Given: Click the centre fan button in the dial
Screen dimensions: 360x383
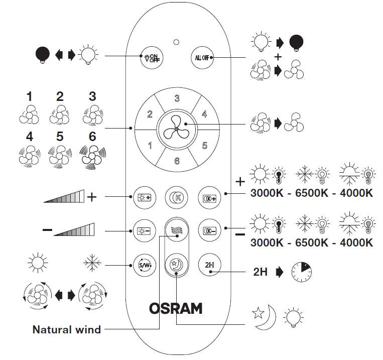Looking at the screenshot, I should tap(176, 129).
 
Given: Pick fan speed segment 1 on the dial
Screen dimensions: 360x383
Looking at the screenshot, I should tap(149, 146).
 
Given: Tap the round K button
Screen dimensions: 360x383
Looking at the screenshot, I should tap(176, 196).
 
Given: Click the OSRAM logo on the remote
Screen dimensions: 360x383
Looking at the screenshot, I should tap(176, 307).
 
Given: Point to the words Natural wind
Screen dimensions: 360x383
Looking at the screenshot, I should tap(67, 330).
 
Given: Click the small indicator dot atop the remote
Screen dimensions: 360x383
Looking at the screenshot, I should tap(176, 41).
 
